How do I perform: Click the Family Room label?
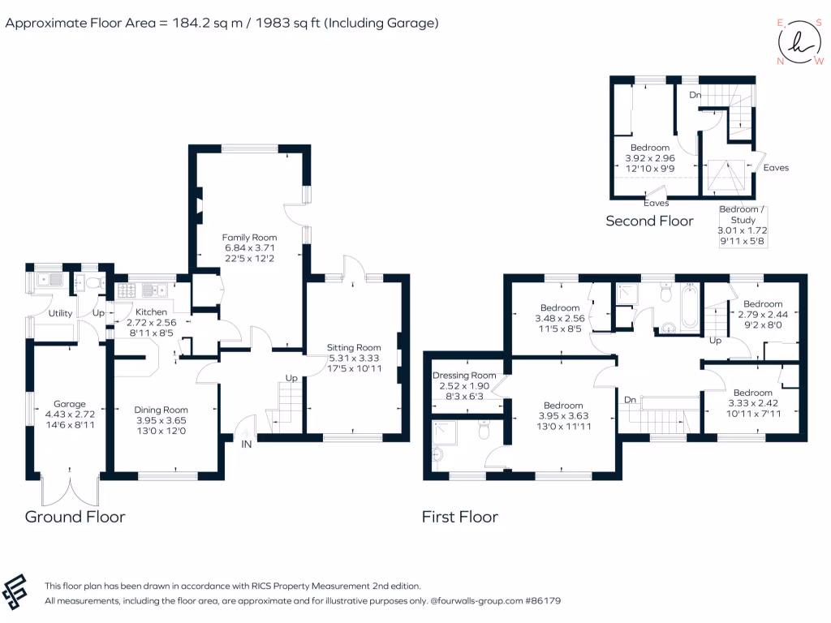[x=250, y=238]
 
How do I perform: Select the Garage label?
[x=69, y=403]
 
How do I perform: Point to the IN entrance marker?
[x=246, y=445]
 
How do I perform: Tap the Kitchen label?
[x=151, y=312]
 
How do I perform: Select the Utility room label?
[x=60, y=313]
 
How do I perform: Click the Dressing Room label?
[x=464, y=376]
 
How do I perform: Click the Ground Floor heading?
[x=75, y=517]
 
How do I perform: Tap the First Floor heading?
[x=459, y=517]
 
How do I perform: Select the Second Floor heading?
[x=649, y=221]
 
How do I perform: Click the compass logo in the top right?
[x=799, y=42]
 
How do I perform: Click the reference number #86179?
[x=540, y=601]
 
